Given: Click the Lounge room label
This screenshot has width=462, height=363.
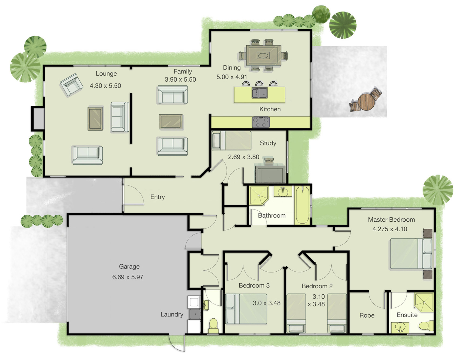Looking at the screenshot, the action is [106, 74].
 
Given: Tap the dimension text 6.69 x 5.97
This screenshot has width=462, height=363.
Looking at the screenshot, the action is [128, 277].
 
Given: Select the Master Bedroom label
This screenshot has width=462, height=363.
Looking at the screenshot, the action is [391, 220].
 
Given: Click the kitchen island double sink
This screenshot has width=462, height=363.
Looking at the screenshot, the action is [260, 93].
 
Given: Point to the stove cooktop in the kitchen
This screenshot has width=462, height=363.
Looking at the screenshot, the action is [261, 122].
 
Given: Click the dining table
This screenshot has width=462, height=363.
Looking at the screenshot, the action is [263, 56].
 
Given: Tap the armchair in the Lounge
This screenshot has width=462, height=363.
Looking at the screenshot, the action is [71, 85].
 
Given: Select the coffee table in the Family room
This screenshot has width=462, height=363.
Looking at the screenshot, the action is [170, 122].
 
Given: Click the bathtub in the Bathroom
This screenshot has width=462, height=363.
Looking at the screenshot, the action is [302, 205].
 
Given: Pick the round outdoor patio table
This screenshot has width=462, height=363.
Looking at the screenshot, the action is [366, 102].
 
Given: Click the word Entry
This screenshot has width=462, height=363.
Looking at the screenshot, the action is [158, 197].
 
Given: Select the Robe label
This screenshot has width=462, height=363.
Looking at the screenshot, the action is [367, 315].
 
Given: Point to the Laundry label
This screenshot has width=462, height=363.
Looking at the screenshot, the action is [172, 314].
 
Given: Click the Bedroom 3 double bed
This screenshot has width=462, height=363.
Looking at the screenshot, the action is [246, 309].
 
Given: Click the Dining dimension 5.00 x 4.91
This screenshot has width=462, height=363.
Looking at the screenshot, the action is [232, 77].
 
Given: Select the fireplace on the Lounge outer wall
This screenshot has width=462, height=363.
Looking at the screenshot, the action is [38, 118].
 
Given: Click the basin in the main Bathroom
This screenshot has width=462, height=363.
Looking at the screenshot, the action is [283, 191].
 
